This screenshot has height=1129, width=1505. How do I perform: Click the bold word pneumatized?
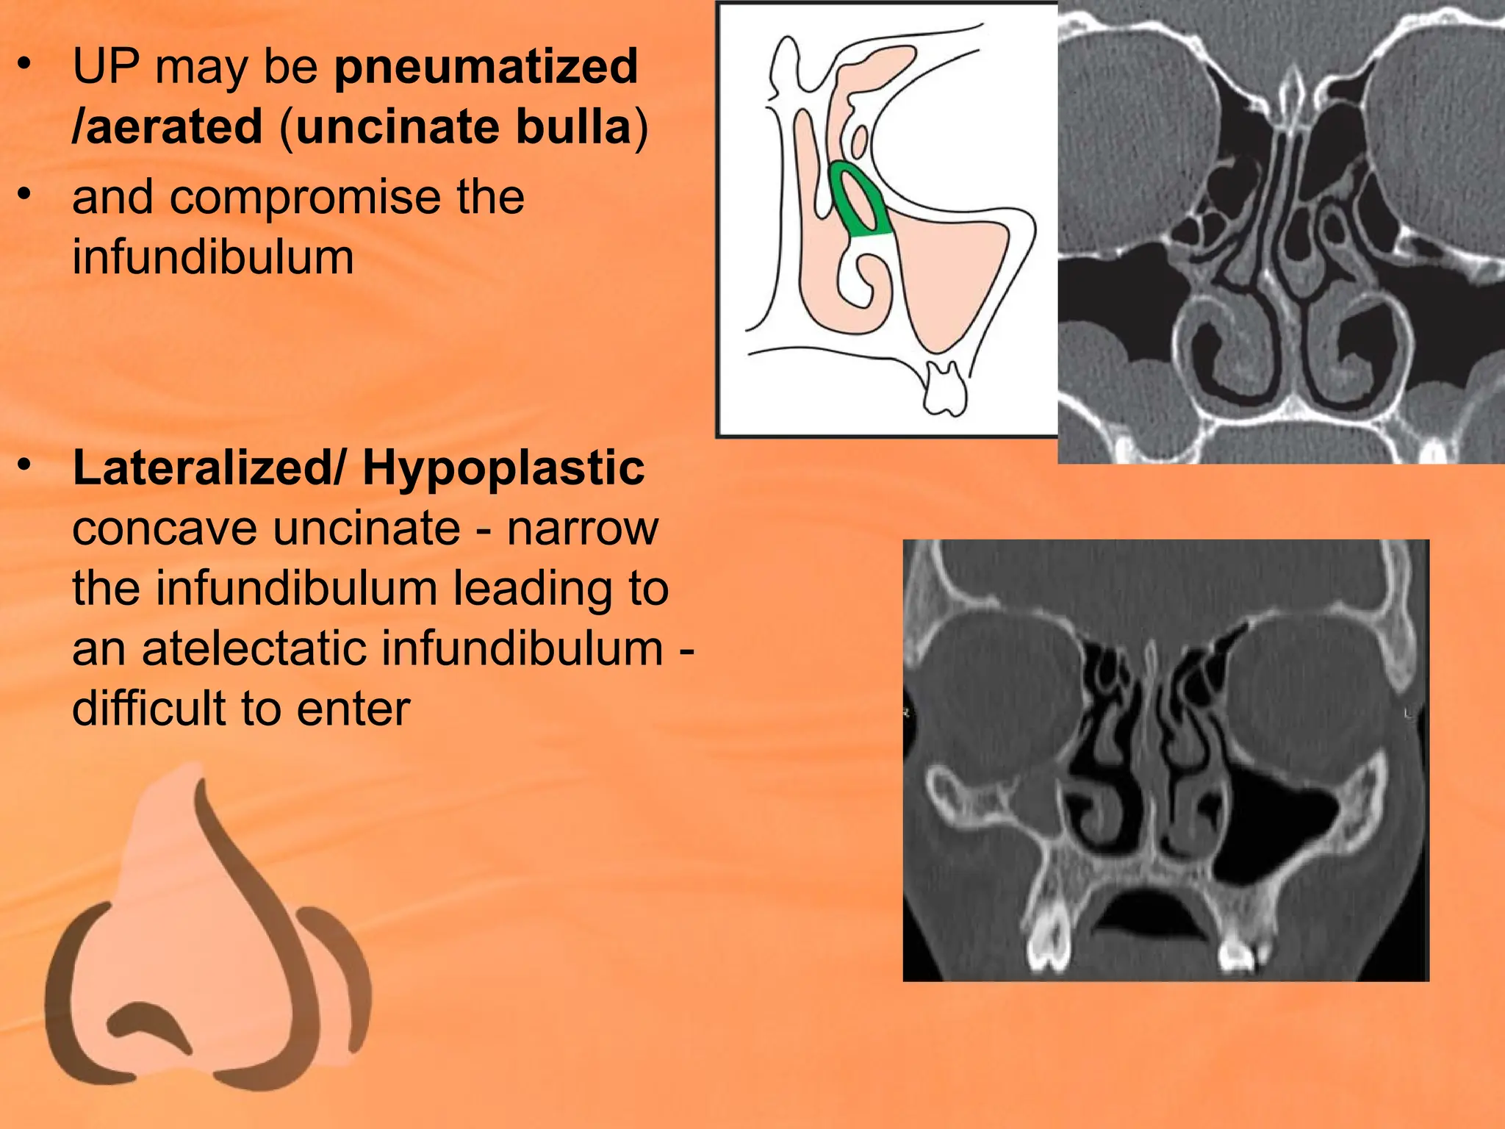tap(486, 67)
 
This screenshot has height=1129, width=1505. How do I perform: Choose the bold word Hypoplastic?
tap(503, 468)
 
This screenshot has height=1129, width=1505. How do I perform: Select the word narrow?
tap(582, 528)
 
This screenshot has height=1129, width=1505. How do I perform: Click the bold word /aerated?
tap(168, 127)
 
